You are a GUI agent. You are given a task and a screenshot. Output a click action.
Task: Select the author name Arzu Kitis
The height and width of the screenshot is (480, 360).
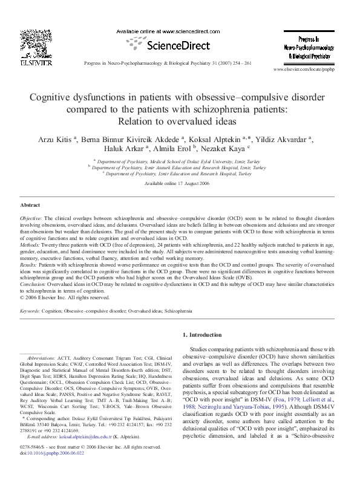[56, 138]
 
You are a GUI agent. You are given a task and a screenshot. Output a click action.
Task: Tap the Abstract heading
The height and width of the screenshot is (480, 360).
[30, 206]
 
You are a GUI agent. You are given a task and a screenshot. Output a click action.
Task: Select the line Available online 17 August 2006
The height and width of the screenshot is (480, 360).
[179, 183]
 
